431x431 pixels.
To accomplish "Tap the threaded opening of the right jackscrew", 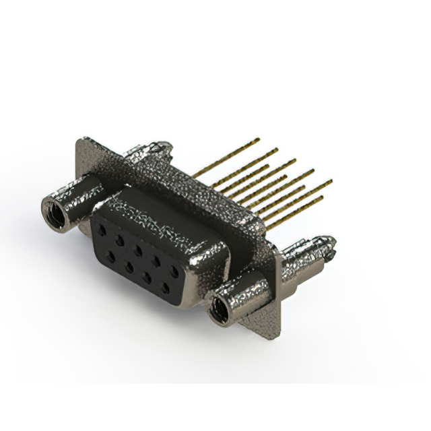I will [218, 310].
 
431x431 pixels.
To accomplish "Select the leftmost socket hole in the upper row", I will [102, 229].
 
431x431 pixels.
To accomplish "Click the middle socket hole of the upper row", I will [137, 250].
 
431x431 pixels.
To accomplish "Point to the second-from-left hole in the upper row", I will [119, 239].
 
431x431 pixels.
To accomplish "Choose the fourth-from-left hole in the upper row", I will [156, 261].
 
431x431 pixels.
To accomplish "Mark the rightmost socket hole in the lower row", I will [166, 289].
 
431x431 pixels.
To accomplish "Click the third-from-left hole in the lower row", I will [147, 277].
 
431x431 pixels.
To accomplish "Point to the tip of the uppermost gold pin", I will [258, 139].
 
